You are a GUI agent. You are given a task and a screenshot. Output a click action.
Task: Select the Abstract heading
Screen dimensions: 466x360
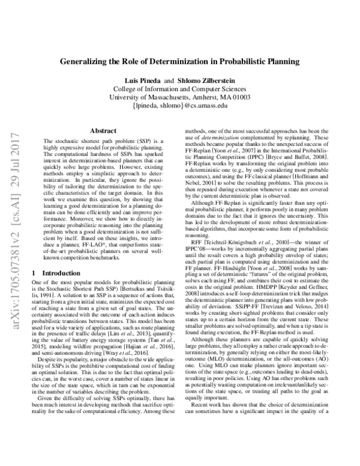coord(103,130)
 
